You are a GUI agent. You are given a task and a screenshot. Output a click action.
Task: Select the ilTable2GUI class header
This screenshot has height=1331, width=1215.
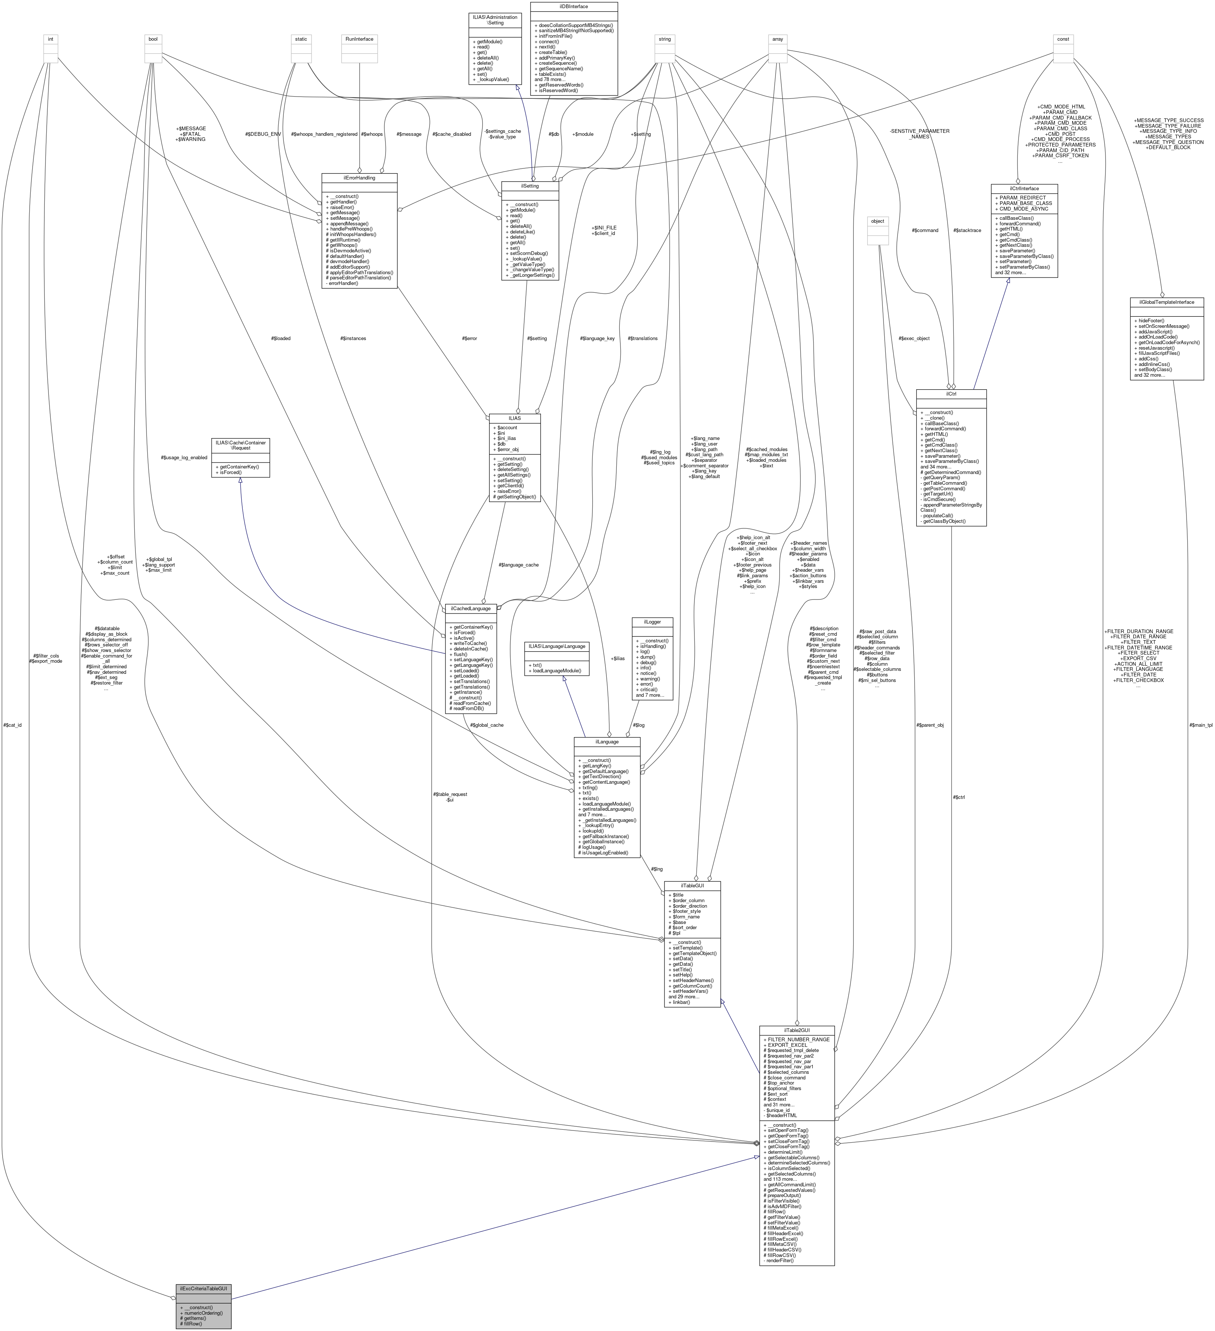coord(797,1030)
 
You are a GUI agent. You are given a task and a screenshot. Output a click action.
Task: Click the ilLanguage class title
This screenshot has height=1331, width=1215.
coord(606,742)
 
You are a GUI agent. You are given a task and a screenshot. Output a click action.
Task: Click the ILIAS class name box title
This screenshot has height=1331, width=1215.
coord(514,418)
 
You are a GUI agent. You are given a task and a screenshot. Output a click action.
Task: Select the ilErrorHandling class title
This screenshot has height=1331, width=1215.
coord(359,178)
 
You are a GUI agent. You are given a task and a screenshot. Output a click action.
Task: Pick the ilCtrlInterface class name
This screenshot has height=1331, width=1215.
coord(1024,188)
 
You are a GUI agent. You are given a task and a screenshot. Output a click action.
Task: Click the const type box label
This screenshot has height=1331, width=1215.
coord(1063,39)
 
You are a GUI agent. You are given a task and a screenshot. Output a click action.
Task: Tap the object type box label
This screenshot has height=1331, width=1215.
coord(878,221)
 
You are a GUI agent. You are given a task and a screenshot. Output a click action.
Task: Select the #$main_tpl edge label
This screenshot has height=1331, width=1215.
coord(1200,725)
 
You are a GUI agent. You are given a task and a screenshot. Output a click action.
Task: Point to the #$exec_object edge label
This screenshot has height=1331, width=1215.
coord(914,338)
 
